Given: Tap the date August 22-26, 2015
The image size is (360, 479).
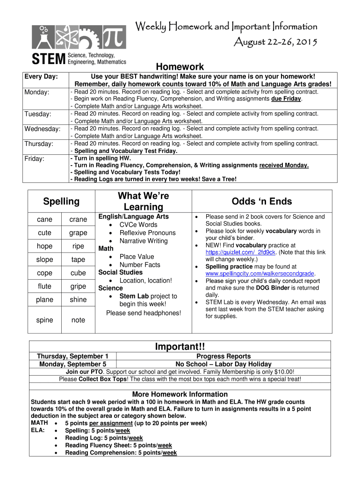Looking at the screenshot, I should point(275,43).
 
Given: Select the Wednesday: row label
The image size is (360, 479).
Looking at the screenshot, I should point(43,129).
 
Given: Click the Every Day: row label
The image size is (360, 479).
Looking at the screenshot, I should point(41,76).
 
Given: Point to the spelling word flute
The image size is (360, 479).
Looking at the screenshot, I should point(44,286).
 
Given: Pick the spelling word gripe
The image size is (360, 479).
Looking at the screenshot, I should point(78,286).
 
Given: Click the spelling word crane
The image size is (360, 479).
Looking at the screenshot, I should point(78,219).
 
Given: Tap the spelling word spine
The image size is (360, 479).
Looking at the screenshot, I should point(44,320).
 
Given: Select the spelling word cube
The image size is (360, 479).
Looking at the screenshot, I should point(78,273).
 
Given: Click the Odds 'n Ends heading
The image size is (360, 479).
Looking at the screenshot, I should point(262,202).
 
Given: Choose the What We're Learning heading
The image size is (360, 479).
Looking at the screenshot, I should point(143,201).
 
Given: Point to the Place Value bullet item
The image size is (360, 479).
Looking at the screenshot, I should point(137,256).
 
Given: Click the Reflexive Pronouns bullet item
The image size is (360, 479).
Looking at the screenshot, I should point(147,232).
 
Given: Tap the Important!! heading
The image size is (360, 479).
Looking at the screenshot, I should point(180,347).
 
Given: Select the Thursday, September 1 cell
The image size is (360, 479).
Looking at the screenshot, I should point(73,356).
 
